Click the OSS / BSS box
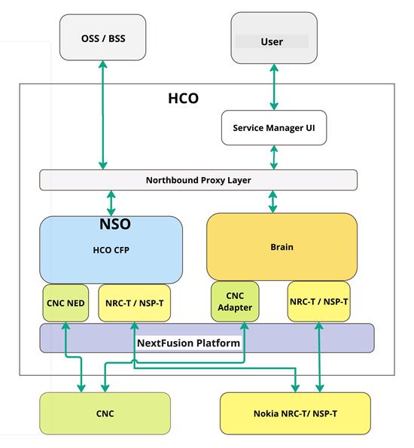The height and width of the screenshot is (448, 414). click(x=102, y=38)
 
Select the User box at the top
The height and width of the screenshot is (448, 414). click(x=271, y=41)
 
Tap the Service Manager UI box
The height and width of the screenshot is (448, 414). click(x=274, y=127)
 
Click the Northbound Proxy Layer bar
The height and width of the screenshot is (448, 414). click(x=198, y=181)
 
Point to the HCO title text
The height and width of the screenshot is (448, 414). click(x=183, y=99)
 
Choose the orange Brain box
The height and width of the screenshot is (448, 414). click(x=282, y=246)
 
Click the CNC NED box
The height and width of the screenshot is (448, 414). click(x=65, y=303)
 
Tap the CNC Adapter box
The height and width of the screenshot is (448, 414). click(x=235, y=301)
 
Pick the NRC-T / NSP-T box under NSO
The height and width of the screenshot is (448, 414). click(x=133, y=303)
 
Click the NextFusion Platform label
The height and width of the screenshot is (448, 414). click(x=188, y=343)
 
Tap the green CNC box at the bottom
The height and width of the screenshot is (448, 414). click(x=106, y=413)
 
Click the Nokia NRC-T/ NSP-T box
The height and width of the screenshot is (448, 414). click(x=295, y=413)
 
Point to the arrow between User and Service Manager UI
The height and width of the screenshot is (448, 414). click(x=274, y=87)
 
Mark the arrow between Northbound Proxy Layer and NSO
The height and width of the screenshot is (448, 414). click(x=111, y=203)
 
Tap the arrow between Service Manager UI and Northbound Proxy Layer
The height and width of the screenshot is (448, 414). click(x=274, y=157)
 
